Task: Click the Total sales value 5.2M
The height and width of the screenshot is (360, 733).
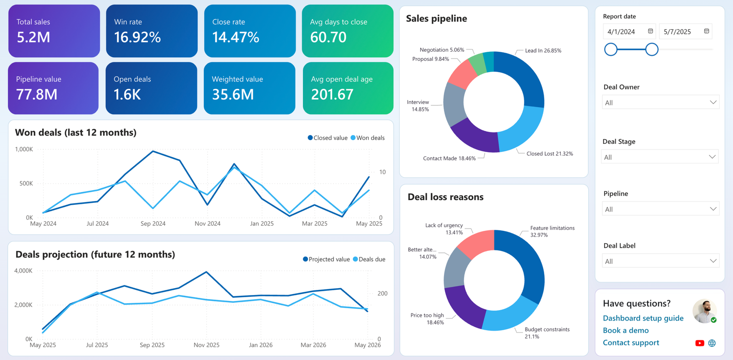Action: click(x=33, y=37)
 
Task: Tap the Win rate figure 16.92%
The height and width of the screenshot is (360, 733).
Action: click(x=137, y=37)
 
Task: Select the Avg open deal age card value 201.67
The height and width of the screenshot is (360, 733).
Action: click(x=332, y=95)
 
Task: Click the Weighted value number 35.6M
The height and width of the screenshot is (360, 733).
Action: click(x=233, y=95)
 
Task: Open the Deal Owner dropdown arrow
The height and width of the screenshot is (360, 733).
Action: click(x=713, y=103)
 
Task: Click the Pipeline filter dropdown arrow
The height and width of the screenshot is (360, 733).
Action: click(x=713, y=209)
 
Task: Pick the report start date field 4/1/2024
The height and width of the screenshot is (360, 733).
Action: click(x=621, y=32)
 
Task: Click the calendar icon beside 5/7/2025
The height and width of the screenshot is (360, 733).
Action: click(x=706, y=31)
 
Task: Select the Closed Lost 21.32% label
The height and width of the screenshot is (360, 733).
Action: click(x=550, y=153)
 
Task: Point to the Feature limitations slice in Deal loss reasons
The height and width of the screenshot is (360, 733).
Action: click(x=524, y=262)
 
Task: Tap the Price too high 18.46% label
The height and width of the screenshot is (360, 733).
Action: click(x=427, y=319)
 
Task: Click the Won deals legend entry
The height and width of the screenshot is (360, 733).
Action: click(x=367, y=138)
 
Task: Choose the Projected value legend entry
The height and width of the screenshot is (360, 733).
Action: click(x=326, y=259)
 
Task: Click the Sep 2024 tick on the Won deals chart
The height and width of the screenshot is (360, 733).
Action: click(x=153, y=224)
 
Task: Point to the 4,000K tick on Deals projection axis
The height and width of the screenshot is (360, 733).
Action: click(x=23, y=271)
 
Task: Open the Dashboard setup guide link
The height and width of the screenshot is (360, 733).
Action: click(x=643, y=318)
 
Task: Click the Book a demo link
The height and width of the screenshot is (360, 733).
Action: click(x=626, y=330)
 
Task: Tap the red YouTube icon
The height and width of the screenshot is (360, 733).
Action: click(x=700, y=343)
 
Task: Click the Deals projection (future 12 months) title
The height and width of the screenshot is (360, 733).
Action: click(x=95, y=254)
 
